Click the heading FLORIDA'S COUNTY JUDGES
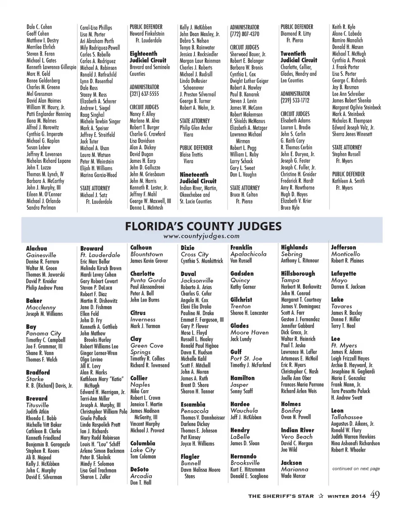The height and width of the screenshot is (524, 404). pos(203,226)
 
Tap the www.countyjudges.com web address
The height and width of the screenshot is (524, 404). pos(202,236)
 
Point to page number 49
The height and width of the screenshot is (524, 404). pos(375,495)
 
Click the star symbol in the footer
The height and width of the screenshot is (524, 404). pos(321,496)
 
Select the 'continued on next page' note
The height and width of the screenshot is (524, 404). pos(356,468)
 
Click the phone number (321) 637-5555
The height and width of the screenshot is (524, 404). pos(144,94)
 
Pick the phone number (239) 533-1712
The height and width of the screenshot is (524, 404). pos(295,101)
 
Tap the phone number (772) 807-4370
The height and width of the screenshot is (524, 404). pos(245,34)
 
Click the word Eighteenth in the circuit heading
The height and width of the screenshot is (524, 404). pos(143,54)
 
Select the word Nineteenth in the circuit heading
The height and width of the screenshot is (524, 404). pos(194,175)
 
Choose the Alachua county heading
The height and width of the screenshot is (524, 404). pos(37,249)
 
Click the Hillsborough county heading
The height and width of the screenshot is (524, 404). pos(298,274)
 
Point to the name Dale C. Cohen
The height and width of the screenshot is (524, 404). pos(39,27)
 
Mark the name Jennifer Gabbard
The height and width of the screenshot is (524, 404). pos(297,326)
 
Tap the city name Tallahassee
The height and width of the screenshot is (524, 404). pos(346,417)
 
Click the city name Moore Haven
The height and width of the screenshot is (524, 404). pos(249,332)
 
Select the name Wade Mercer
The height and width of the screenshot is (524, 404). pos(293,476)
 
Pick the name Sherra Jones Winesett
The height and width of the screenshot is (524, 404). pos(352,134)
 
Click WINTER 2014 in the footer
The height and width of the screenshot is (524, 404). pos(347,496)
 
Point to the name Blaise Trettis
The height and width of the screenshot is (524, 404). pos(191,154)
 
